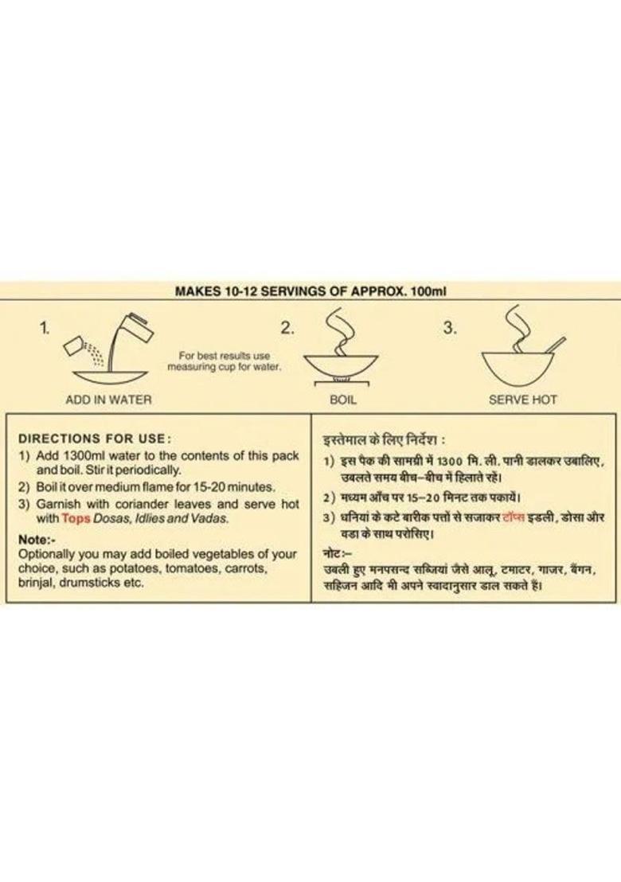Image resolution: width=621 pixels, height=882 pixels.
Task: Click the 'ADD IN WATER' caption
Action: tap(108, 400)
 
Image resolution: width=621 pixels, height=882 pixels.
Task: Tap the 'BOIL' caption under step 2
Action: tap(343, 400)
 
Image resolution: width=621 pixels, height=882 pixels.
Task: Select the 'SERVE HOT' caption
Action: tap(522, 400)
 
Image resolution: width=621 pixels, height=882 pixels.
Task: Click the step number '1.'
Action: tap(45, 328)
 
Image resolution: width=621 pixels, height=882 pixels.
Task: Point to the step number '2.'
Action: tap(287, 328)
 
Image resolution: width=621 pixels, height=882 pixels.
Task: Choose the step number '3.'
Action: tap(450, 328)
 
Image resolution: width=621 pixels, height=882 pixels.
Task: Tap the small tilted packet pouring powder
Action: tap(74, 346)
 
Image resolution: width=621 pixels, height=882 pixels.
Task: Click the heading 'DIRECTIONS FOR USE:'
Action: tap(95, 438)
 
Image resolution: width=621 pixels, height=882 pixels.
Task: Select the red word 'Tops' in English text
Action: tap(76, 519)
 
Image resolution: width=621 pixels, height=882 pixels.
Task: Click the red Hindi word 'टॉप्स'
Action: tap(512, 517)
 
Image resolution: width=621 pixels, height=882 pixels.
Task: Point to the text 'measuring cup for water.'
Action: tap(224, 367)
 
